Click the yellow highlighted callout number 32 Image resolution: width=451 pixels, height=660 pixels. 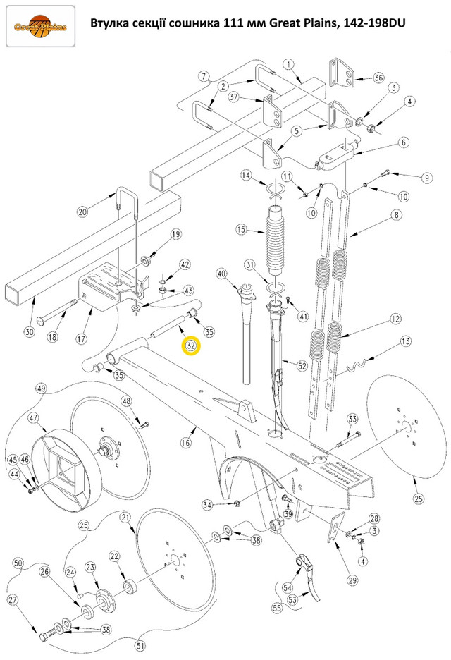(191, 346)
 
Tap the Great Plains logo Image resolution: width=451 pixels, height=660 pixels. (40, 27)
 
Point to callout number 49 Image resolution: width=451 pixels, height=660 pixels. (41, 389)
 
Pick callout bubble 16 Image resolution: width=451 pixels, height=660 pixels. (186, 443)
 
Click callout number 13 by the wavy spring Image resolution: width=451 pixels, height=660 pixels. (404, 342)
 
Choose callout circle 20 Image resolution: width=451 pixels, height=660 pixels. (82, 212)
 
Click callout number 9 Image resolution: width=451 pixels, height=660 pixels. (426, 178)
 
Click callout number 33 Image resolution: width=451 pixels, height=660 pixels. (352, 420)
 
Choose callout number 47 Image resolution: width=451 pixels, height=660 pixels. (33, 418)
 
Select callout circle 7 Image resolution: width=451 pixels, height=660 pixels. (203, 75)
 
